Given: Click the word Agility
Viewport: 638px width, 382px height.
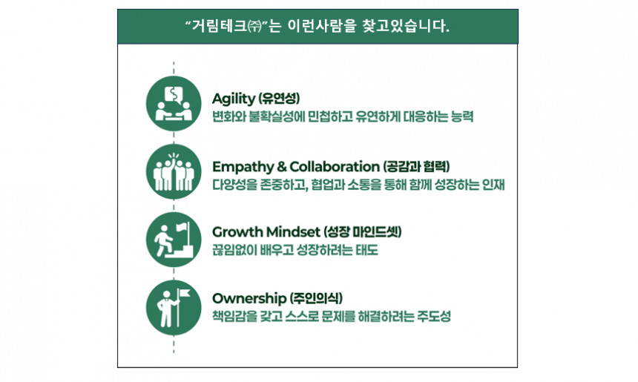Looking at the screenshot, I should (x=233, y=99).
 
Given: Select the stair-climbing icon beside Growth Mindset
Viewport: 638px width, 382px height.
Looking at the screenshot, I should (x=174, y=238).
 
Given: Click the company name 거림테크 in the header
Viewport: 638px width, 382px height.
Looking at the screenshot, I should (x=220, y=27).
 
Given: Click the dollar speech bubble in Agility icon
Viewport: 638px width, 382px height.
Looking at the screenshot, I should (x=174, y=95).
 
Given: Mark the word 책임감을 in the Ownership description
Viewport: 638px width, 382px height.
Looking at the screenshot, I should (x=234, y=317).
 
